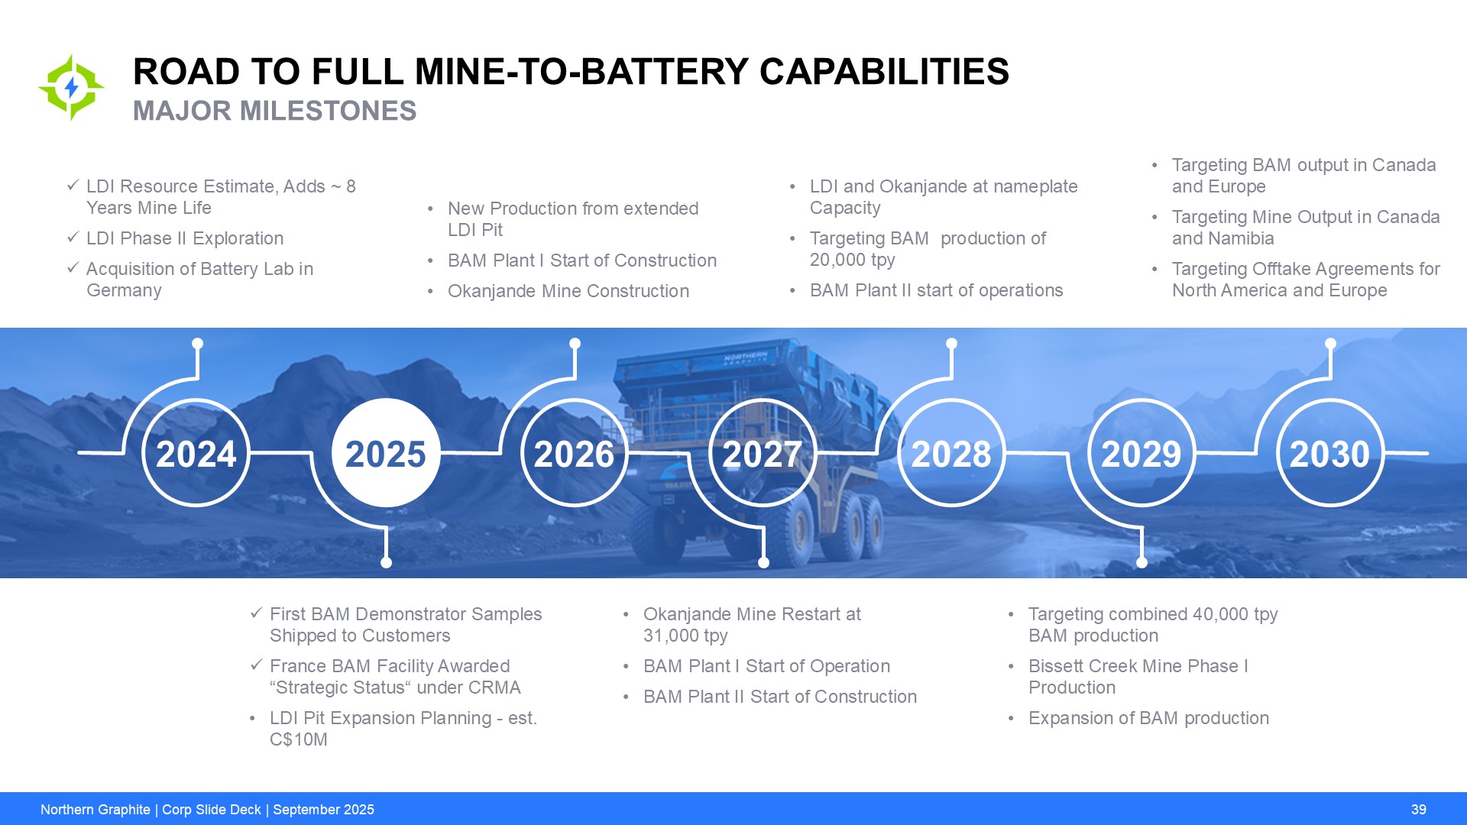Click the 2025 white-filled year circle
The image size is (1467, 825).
point(386,453)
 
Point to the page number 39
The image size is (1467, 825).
point(1419,810)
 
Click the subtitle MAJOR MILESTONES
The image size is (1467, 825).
point(274,111)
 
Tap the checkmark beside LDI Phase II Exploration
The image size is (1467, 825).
point(73,238)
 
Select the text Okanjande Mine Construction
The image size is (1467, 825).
point(568,291)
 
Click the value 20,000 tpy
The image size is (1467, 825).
point(853,260)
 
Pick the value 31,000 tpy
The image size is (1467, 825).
point(685,636)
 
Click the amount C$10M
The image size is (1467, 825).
point(299,739)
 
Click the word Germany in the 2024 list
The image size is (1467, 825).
point(124,290)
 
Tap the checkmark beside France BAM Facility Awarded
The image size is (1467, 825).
point(257,665)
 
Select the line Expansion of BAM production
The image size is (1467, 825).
point(1148,718)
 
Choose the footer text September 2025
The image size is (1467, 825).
point(323,810)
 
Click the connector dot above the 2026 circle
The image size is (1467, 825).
point(575,344)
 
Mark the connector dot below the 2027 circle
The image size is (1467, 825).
point(763,562)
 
